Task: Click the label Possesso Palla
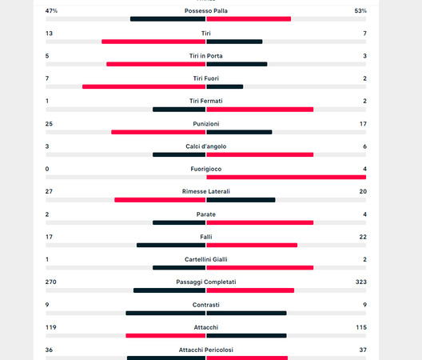pyautogui.click(x=205, y=11)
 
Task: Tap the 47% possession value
pyautogui.click(x=51, y=11)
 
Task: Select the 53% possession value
pyautogui.click(x=360, y=11)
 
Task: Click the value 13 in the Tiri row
pyautogui.click(x=50, y=34)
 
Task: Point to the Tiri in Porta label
pyautogui.click(x=205, y=56)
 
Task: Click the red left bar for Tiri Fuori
pyautogui.click(x=144, y=86)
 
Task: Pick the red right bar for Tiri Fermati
pyautogui.click(x=260, y=109)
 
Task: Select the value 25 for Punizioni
pyautogui.click(x=50, y=124)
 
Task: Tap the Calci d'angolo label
pyautogui.click(x=205, y=146)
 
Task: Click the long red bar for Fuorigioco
pyautogui.click(x=286, y=177)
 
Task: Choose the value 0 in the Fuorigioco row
pyautogui.click(x=47, y=169)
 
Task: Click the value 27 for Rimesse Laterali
pyautogui.click(x=50, y=191)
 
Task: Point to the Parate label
pyautogui.click(x=205, y=214)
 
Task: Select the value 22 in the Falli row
pyautogui.click(x=363, y=237)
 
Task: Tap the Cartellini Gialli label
pyautogui.click(x=205, y=259)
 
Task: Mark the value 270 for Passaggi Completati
pyautogui.click(x=51, y=282)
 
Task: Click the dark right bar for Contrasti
pyautogui.click(x=246, y=313)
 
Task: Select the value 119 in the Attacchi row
pyautogui.click(x=51, y=327)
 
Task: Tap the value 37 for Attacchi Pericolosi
pyautogui.click(x=363, y=350)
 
